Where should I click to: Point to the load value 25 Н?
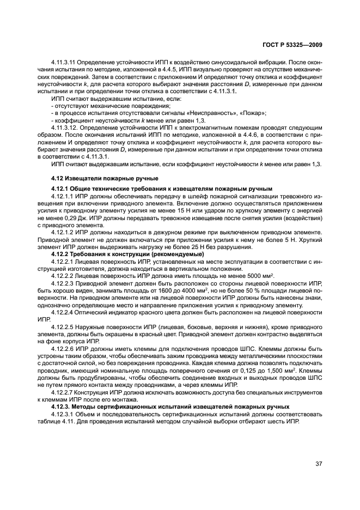point(176,247)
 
